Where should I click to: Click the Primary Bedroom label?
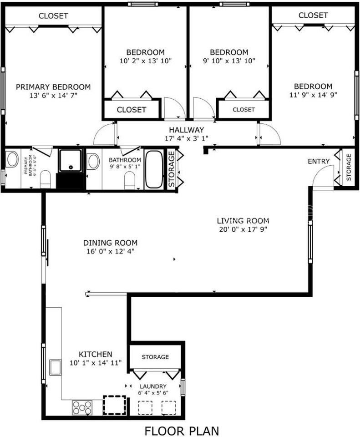click(x=53, y=87)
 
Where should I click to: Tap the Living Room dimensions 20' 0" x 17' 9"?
click(x=242, y=229)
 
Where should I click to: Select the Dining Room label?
click(x=110, y=243)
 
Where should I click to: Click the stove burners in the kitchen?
click(x=82, y=407)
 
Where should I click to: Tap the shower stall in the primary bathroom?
click(x=71, y=160)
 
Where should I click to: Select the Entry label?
click(x=319, y=162)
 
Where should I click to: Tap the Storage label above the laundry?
click(x=155, y=357)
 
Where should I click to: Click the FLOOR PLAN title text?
click(x=182, y=430)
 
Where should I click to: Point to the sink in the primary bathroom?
click(x=11, y=160)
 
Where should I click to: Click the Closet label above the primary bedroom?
click(x=53, y=16)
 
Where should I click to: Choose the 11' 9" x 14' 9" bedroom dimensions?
click(x=313, y=95)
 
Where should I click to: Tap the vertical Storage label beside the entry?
click(x=349, y=168)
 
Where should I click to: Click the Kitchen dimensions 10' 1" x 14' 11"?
click(x=96, y=363)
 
